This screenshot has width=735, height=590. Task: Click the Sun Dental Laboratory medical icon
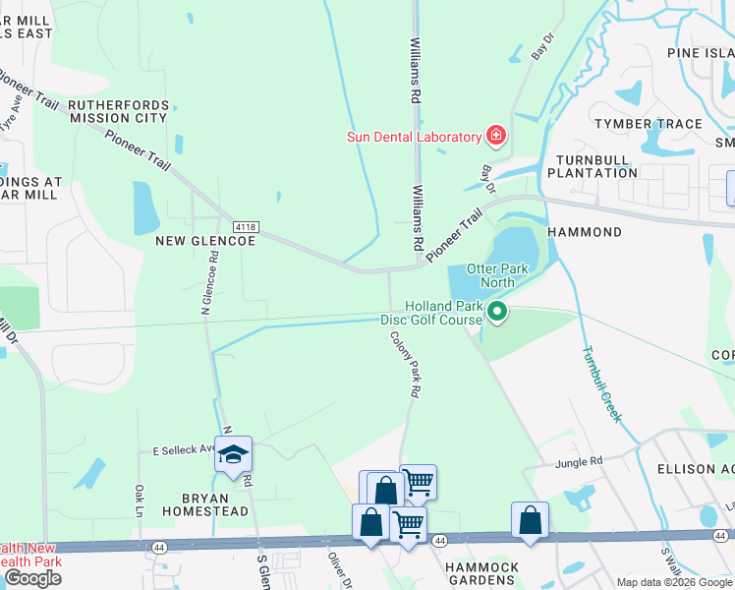coord(495,136)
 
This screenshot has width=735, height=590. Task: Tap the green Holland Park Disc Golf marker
coord(497,313)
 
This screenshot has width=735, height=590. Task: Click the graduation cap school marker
coord(233,454)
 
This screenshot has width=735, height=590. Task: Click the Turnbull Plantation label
coord(596,166)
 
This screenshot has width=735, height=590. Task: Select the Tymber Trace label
coord(648,124)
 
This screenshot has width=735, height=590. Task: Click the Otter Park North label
coord(497,276)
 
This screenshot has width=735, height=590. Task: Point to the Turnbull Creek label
coord(600,383)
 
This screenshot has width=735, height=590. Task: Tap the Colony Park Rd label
coord(404,364)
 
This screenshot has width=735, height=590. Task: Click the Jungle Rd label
coord(579,462)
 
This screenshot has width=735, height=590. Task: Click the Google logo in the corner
coord(32,578)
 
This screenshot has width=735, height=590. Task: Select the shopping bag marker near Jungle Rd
coord(530,521)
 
